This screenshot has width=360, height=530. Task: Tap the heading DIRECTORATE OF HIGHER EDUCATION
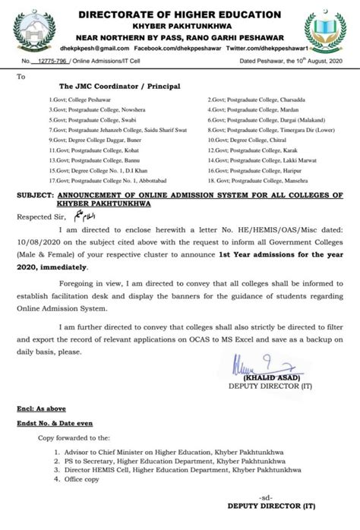point(180,14)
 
